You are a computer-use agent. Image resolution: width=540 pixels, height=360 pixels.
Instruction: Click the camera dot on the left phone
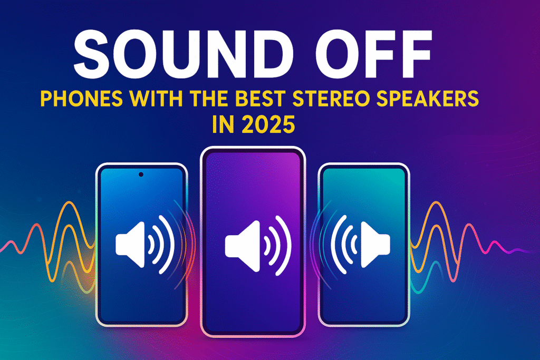pos(141,174)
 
